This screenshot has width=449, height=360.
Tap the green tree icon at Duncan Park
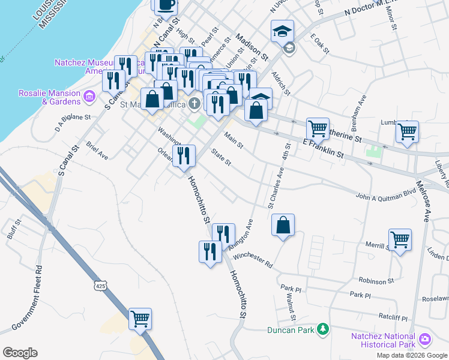pos(324,329)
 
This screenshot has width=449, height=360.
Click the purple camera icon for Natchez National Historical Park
pos(426,340)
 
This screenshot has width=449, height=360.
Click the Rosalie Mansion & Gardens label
pos(49,97)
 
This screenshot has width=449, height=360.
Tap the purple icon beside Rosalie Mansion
pos(89,96)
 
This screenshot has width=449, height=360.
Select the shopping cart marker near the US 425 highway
pos(140,319)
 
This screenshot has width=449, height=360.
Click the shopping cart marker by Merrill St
pos(400,239)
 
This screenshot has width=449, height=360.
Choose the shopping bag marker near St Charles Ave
pos(283,225)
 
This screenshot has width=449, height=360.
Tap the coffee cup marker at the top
pos(166,5)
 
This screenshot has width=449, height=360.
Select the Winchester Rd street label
pos(253,260)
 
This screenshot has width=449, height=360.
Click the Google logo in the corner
pos(20,353)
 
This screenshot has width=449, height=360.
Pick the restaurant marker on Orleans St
pos(184,156)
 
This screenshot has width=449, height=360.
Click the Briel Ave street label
pos(97,151)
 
